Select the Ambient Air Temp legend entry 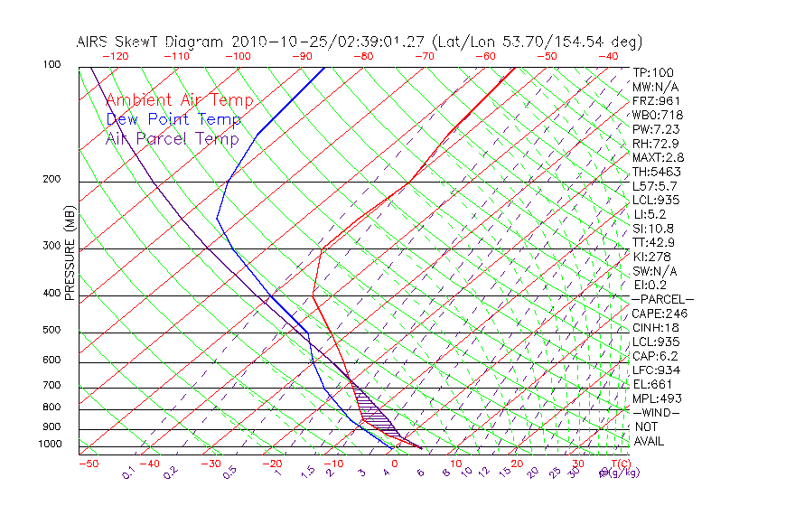click(179, 101)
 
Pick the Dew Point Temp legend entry click(173, 120)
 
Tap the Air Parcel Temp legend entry click(172, 139)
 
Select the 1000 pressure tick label click(50, 445)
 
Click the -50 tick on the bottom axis click(88, 464)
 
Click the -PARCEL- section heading click(662, 299)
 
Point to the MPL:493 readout click(655, 398)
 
